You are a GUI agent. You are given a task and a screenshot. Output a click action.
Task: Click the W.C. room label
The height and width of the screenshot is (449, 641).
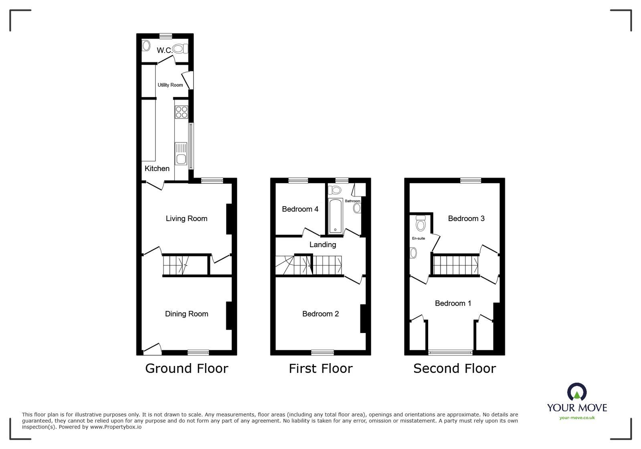click(x=164, y=50)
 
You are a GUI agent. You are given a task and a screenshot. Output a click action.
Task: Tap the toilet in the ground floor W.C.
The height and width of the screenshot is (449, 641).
click(x=180, y=49)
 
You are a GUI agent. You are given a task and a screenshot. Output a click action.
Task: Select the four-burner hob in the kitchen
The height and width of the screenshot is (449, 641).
click(x=182, y=112)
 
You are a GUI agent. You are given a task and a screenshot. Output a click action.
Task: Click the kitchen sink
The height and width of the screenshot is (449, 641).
click(x=181, y=153)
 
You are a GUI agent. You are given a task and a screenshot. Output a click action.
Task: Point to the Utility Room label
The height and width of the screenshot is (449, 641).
click(x=170, y=85)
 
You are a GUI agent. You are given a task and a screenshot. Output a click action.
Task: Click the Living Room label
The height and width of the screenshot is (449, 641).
click(x=186, y=219)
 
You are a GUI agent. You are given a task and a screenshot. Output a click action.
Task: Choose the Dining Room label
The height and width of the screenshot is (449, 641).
click(x=186, y=314)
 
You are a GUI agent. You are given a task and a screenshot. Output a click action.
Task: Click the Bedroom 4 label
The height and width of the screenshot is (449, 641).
click(x=300, y=209)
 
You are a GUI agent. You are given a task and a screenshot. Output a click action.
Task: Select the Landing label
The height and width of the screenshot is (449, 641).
click(x=323, y=244)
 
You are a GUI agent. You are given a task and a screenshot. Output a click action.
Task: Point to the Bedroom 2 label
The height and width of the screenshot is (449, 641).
click(x=320, y=314)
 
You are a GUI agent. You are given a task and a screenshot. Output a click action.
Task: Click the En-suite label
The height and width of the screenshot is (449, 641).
click(x=418, y=238)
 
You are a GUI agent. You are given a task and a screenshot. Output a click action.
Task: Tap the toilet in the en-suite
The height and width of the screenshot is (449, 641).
click(x=421, y=223)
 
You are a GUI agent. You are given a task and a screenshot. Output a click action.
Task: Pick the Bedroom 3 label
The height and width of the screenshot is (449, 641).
click(x=466, y=219)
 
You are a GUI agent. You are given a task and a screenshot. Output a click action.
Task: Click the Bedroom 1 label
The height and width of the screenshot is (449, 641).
click(x=453, y=303)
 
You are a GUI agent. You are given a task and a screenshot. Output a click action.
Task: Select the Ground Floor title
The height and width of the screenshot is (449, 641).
click(x=186, y=368)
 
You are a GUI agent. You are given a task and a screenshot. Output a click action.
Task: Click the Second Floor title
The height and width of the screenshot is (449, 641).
click(x=455, y=368)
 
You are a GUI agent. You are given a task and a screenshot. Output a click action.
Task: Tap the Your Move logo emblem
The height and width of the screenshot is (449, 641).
click(x=577, y=392)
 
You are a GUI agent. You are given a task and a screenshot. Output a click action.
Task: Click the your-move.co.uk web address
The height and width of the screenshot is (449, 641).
click(x=577, y=418)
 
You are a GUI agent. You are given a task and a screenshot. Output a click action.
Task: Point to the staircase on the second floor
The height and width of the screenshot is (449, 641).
click(x=456, y=265)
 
